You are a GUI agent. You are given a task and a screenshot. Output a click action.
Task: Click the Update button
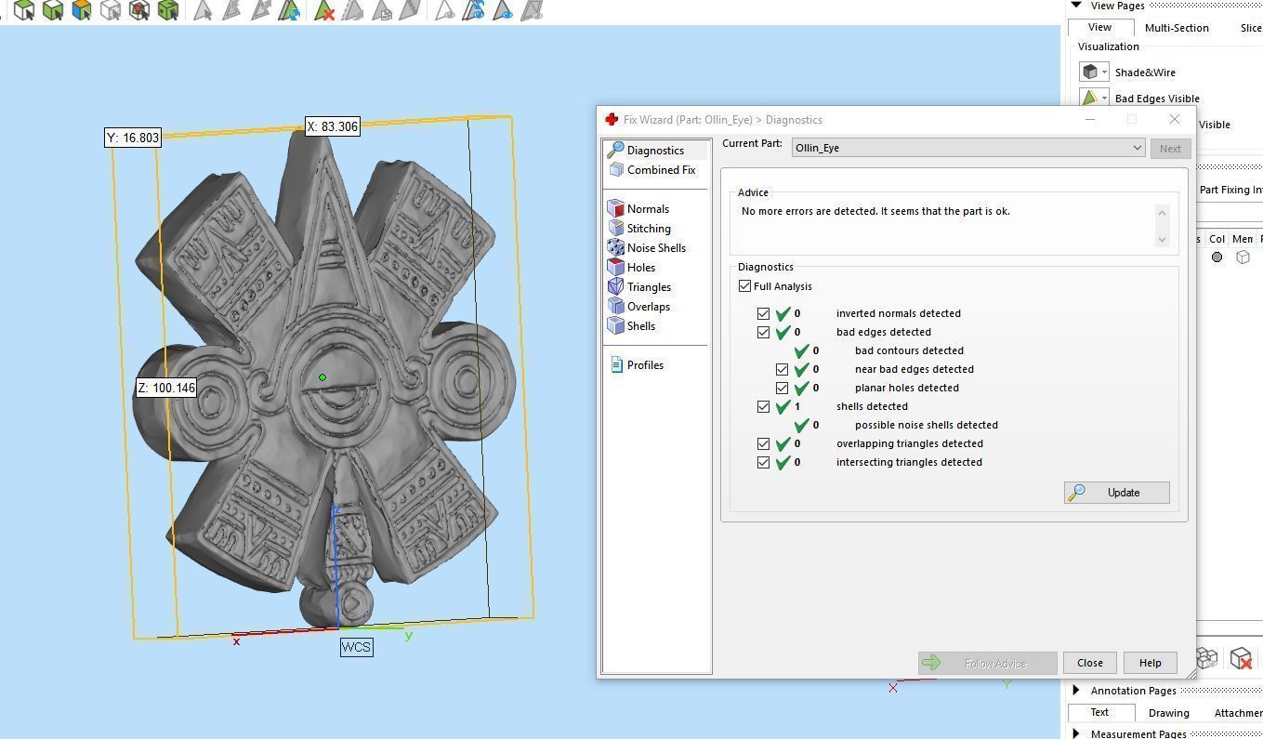(x=1116, y=493)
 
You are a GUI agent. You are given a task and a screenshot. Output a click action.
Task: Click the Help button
(x=1150, y=663)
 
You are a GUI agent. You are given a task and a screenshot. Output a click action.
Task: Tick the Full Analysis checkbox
(x=745, y=286)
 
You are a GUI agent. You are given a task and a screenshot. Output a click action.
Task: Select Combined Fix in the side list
(x=660, y=170)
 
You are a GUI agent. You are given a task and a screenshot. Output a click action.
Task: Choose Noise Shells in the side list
(x=655, y=248)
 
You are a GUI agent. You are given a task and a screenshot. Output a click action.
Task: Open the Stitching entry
(x=648, y=229)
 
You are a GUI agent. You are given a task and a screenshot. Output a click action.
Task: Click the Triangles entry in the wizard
(x=648, y=287)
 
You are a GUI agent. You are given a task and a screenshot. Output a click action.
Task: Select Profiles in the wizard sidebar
(x=644, y=365)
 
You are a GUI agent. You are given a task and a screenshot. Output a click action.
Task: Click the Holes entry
(x=640, y=268)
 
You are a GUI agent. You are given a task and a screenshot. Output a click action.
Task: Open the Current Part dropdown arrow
(x=1136, y=148)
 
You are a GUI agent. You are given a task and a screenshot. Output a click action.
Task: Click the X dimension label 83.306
(x=333, y=126)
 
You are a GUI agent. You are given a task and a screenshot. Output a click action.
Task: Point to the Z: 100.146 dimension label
(x=166, y=388)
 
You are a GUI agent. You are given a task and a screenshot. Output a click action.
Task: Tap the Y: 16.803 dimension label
(x=133, y=138)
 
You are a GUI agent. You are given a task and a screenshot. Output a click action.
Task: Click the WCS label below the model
(x=356, y=647)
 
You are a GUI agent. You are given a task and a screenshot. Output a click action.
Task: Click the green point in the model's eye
(x=322, y=377)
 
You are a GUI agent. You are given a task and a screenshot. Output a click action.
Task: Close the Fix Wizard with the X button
(x=1174, y=120)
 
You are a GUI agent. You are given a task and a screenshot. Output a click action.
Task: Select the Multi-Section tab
(x=1176, y=28)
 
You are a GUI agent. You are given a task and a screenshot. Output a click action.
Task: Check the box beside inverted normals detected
(x=764, y=314)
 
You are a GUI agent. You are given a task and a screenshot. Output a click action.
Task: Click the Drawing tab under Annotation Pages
(x=1168, y=713)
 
